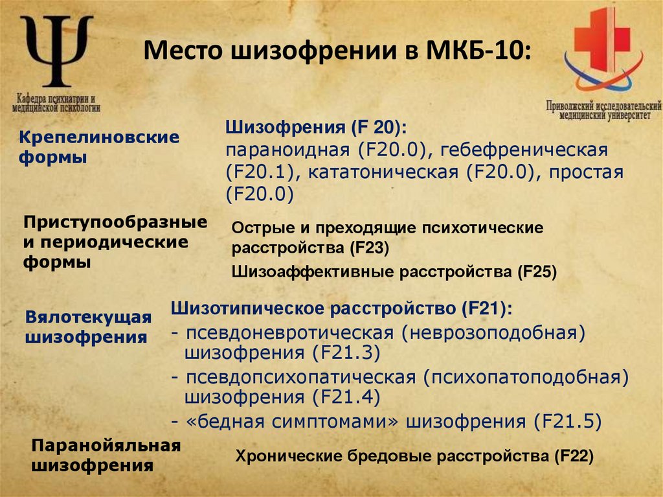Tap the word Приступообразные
[x=116, y=222]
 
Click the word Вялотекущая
[x=88, y=318]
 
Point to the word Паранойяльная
[x=106, y=446]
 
